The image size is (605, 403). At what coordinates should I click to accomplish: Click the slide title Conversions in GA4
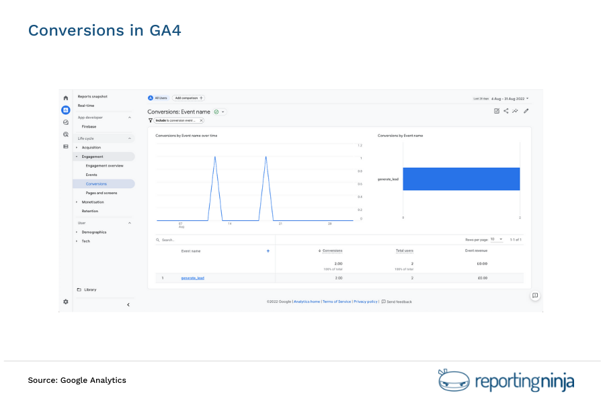(x=104, y=30)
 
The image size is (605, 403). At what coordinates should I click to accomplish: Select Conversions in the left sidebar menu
(x=96, y=183)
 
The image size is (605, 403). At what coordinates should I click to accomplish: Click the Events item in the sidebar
(x=91, y=175)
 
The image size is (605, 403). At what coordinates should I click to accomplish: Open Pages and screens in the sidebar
(x=102, y=193)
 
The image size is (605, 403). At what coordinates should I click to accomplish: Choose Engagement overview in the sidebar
(x=104, y=165)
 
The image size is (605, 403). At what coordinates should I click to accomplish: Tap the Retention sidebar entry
(x=89, y=211)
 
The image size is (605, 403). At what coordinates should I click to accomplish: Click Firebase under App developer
(x=89, y=126)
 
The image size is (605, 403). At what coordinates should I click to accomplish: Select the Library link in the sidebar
(x=90, y=289)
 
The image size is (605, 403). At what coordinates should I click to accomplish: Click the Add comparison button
(x=188, y=98)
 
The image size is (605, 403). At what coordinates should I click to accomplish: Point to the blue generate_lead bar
(x=461, y=179)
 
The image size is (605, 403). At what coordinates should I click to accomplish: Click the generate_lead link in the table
(x=192, y=277)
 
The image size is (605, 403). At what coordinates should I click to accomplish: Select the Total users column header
(x=404, y=251)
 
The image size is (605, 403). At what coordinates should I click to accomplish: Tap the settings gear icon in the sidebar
(x=65, y=302)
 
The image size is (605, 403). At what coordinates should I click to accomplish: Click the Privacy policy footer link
(x=366, y=302)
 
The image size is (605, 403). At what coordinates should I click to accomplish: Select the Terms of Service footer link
(x=337, y=302)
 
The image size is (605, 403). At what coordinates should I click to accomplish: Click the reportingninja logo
(x=506, y=381)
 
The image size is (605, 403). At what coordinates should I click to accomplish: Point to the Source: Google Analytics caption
(x=77, y=380)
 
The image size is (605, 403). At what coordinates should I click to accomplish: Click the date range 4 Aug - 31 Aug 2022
(x=509, y=98)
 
